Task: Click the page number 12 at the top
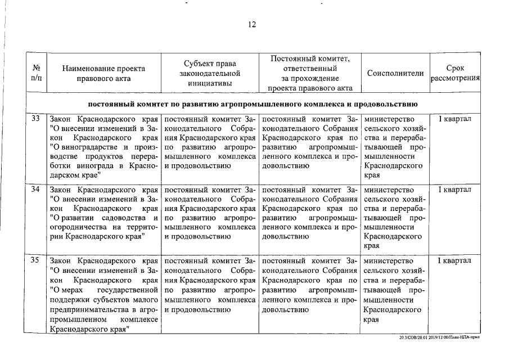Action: (x=252, y=24)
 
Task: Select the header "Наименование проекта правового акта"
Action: (x=103, y=74)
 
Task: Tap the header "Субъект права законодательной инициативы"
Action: (x=209, y=74)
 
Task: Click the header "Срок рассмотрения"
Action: (x=454, y=74)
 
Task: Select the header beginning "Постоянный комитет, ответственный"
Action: (x=310, y=73)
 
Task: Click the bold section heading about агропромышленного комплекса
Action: (x=253, y=104)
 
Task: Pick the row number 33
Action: (x=35, y=119)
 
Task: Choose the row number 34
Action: (x=35, y=190)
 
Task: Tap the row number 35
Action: (x=35, y=260)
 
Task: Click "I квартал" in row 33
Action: (x=454, y=119)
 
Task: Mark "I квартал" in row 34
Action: (x=454, y=190)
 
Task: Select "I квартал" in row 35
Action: (x=454, y=260)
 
